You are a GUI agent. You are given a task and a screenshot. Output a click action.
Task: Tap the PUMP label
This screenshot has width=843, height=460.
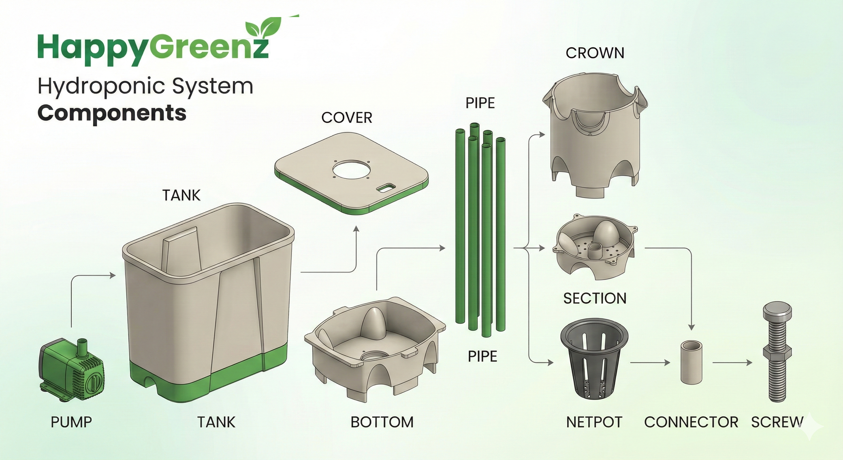[x=71, y=422]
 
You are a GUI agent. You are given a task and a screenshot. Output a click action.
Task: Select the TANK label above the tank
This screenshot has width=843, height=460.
[x=181, y=196]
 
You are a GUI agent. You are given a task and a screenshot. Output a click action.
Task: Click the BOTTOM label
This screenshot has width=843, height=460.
[x=382, y=422]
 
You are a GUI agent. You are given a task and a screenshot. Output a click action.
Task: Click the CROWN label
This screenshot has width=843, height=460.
[x=595, y=53]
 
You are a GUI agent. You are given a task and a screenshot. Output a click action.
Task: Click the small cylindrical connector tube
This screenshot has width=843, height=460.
[x=692, y=362]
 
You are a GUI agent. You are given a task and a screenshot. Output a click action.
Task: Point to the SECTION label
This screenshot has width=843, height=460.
[x=595, y=298]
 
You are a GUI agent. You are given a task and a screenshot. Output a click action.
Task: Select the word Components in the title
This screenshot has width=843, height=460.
[x=112, y=113]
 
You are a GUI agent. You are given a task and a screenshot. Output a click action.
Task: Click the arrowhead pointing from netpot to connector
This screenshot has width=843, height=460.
[x=667, y=363]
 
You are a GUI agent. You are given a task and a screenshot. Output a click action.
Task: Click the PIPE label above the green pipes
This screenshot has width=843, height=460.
[x=480, y=103]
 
